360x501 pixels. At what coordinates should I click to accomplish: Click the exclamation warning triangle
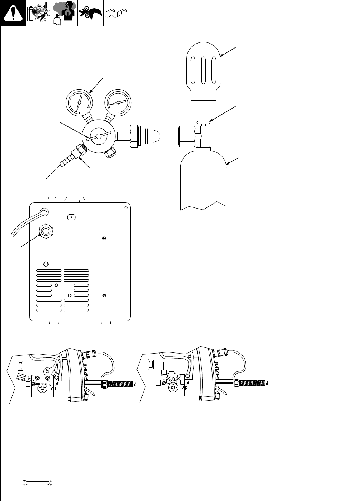(x=13, y=14)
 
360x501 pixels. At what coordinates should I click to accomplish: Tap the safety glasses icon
(x=116, y=13)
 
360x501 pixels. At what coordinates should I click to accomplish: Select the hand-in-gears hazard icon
(x=90, y=13)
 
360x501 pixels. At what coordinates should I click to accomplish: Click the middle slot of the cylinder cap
(x=204, y=70)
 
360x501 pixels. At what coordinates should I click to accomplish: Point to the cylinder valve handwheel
(x=205, y=122)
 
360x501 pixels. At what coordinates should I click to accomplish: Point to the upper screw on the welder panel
(x=103, y=239)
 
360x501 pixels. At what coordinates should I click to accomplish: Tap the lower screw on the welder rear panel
(x=104, y=295)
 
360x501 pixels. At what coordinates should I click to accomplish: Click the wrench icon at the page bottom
(x=37, y=483)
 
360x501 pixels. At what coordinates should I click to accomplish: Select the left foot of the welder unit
(x=52, y=322)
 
